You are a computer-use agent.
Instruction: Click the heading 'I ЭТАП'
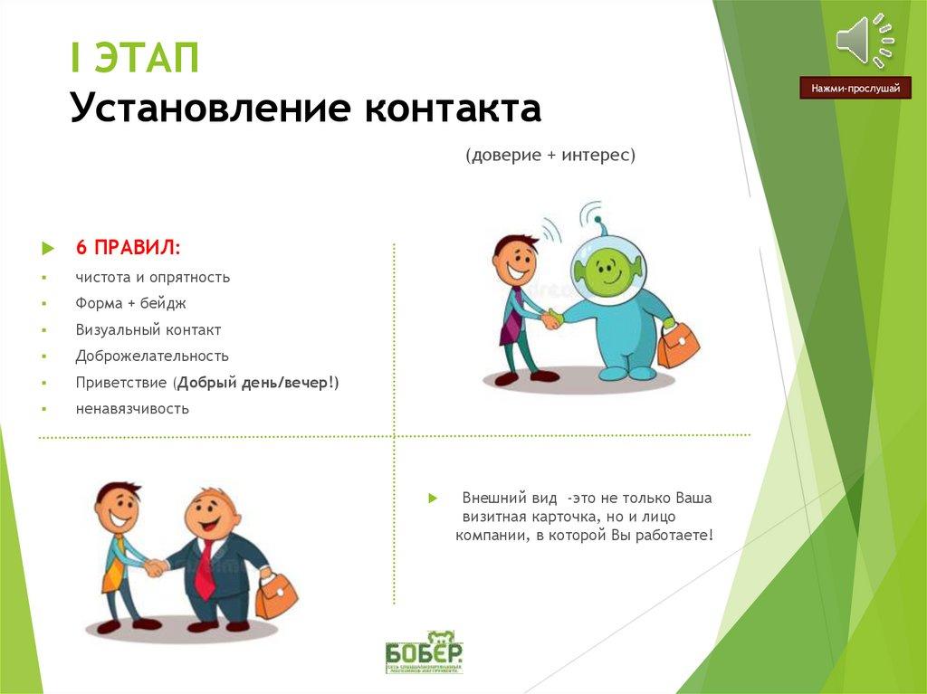click(136, 61)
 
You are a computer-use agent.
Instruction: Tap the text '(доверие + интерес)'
click(550, 156)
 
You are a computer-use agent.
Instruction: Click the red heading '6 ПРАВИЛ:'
click(128, 248)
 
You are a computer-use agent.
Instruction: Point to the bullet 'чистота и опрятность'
click(153, 278)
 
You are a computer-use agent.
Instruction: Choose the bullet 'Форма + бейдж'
click(131, 304)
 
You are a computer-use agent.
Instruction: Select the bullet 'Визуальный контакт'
click(148, 330)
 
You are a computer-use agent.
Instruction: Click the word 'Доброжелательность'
click(152, 357)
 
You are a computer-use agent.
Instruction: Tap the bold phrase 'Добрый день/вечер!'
click(258, 383)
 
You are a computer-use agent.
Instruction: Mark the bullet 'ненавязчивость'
click(132, 409)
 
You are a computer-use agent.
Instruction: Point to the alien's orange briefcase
click(678, 345)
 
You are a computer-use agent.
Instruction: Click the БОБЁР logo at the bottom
click(423, 652)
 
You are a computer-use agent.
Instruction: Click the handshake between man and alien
click(551, 318)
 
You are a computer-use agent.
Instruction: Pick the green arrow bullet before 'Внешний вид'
click(433, 499)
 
